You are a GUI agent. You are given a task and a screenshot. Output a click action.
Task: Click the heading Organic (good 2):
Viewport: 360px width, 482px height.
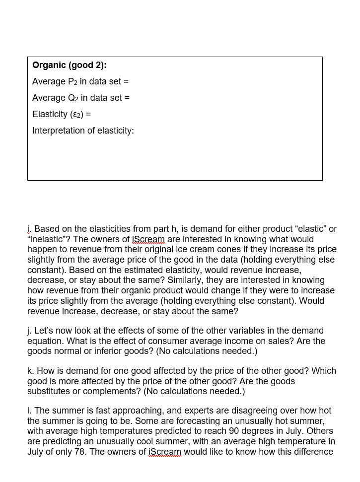click(x=69, y=65)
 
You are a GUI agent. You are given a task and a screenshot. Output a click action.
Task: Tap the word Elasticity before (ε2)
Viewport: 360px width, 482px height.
click(x=50, y=114)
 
